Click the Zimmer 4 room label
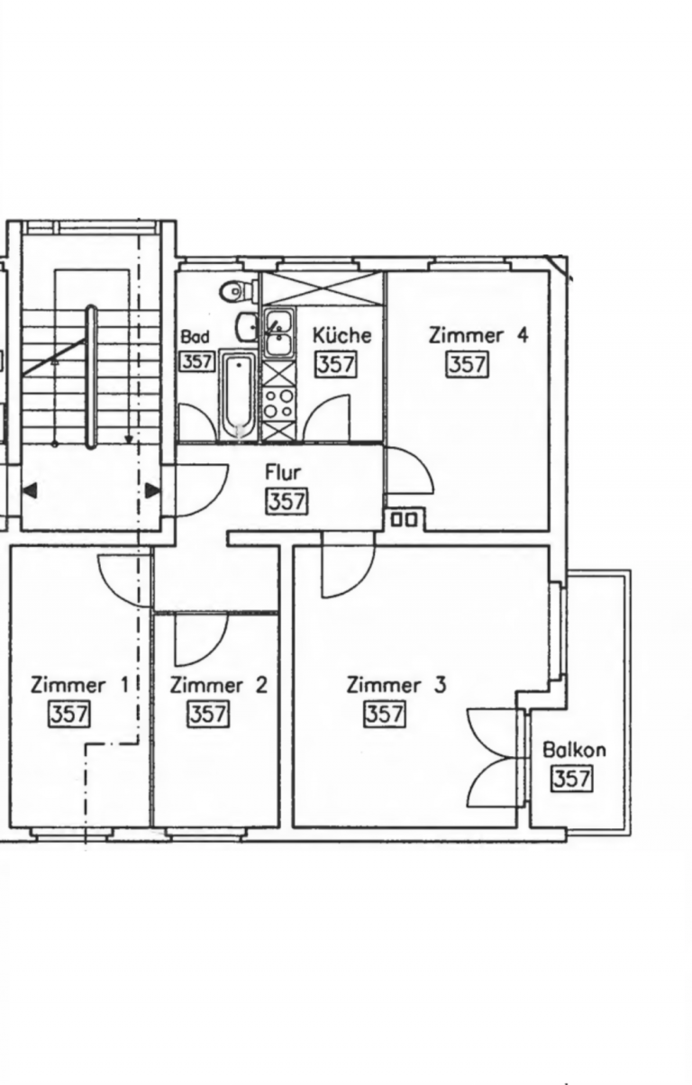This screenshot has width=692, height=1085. coord(478,335)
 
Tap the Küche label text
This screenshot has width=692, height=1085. coord(341,334)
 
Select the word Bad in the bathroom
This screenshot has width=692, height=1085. coord(196,336)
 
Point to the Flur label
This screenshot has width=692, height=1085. coord(283,473)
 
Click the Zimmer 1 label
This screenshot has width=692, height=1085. coord(80,686)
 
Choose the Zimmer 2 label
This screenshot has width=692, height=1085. coord(219,686)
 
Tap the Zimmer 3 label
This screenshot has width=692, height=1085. coord(396,686)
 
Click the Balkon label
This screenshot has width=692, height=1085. coord(574,750)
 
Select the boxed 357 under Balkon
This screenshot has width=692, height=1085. coord(572,780)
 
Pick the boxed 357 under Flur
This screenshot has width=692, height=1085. coord(287,502)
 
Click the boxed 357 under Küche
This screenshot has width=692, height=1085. coord(336,364)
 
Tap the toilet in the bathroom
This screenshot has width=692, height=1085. coord(240,291)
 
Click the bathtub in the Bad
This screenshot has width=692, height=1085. coord(238,396)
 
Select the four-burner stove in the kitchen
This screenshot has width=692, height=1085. coord(279,404)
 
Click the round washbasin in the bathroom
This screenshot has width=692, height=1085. coord(247,325)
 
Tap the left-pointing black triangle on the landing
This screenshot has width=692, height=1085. coord(30,490)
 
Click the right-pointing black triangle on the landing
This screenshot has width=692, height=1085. coord(153,490)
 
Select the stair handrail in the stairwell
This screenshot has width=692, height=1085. coord(91,378)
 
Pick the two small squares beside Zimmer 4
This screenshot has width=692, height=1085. coord(404,520)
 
